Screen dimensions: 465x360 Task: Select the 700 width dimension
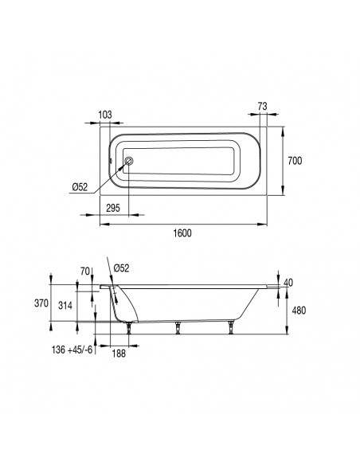pos(293,160)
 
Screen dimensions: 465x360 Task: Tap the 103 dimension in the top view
pos(104,114)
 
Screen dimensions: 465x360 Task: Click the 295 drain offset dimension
pos(112,208)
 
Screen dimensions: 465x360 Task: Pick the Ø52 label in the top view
pos(80,186)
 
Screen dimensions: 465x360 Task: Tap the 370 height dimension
pos(63,303)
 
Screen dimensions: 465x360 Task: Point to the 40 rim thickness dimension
pos(288,283)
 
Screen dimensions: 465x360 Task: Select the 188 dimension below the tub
pos(119,354)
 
